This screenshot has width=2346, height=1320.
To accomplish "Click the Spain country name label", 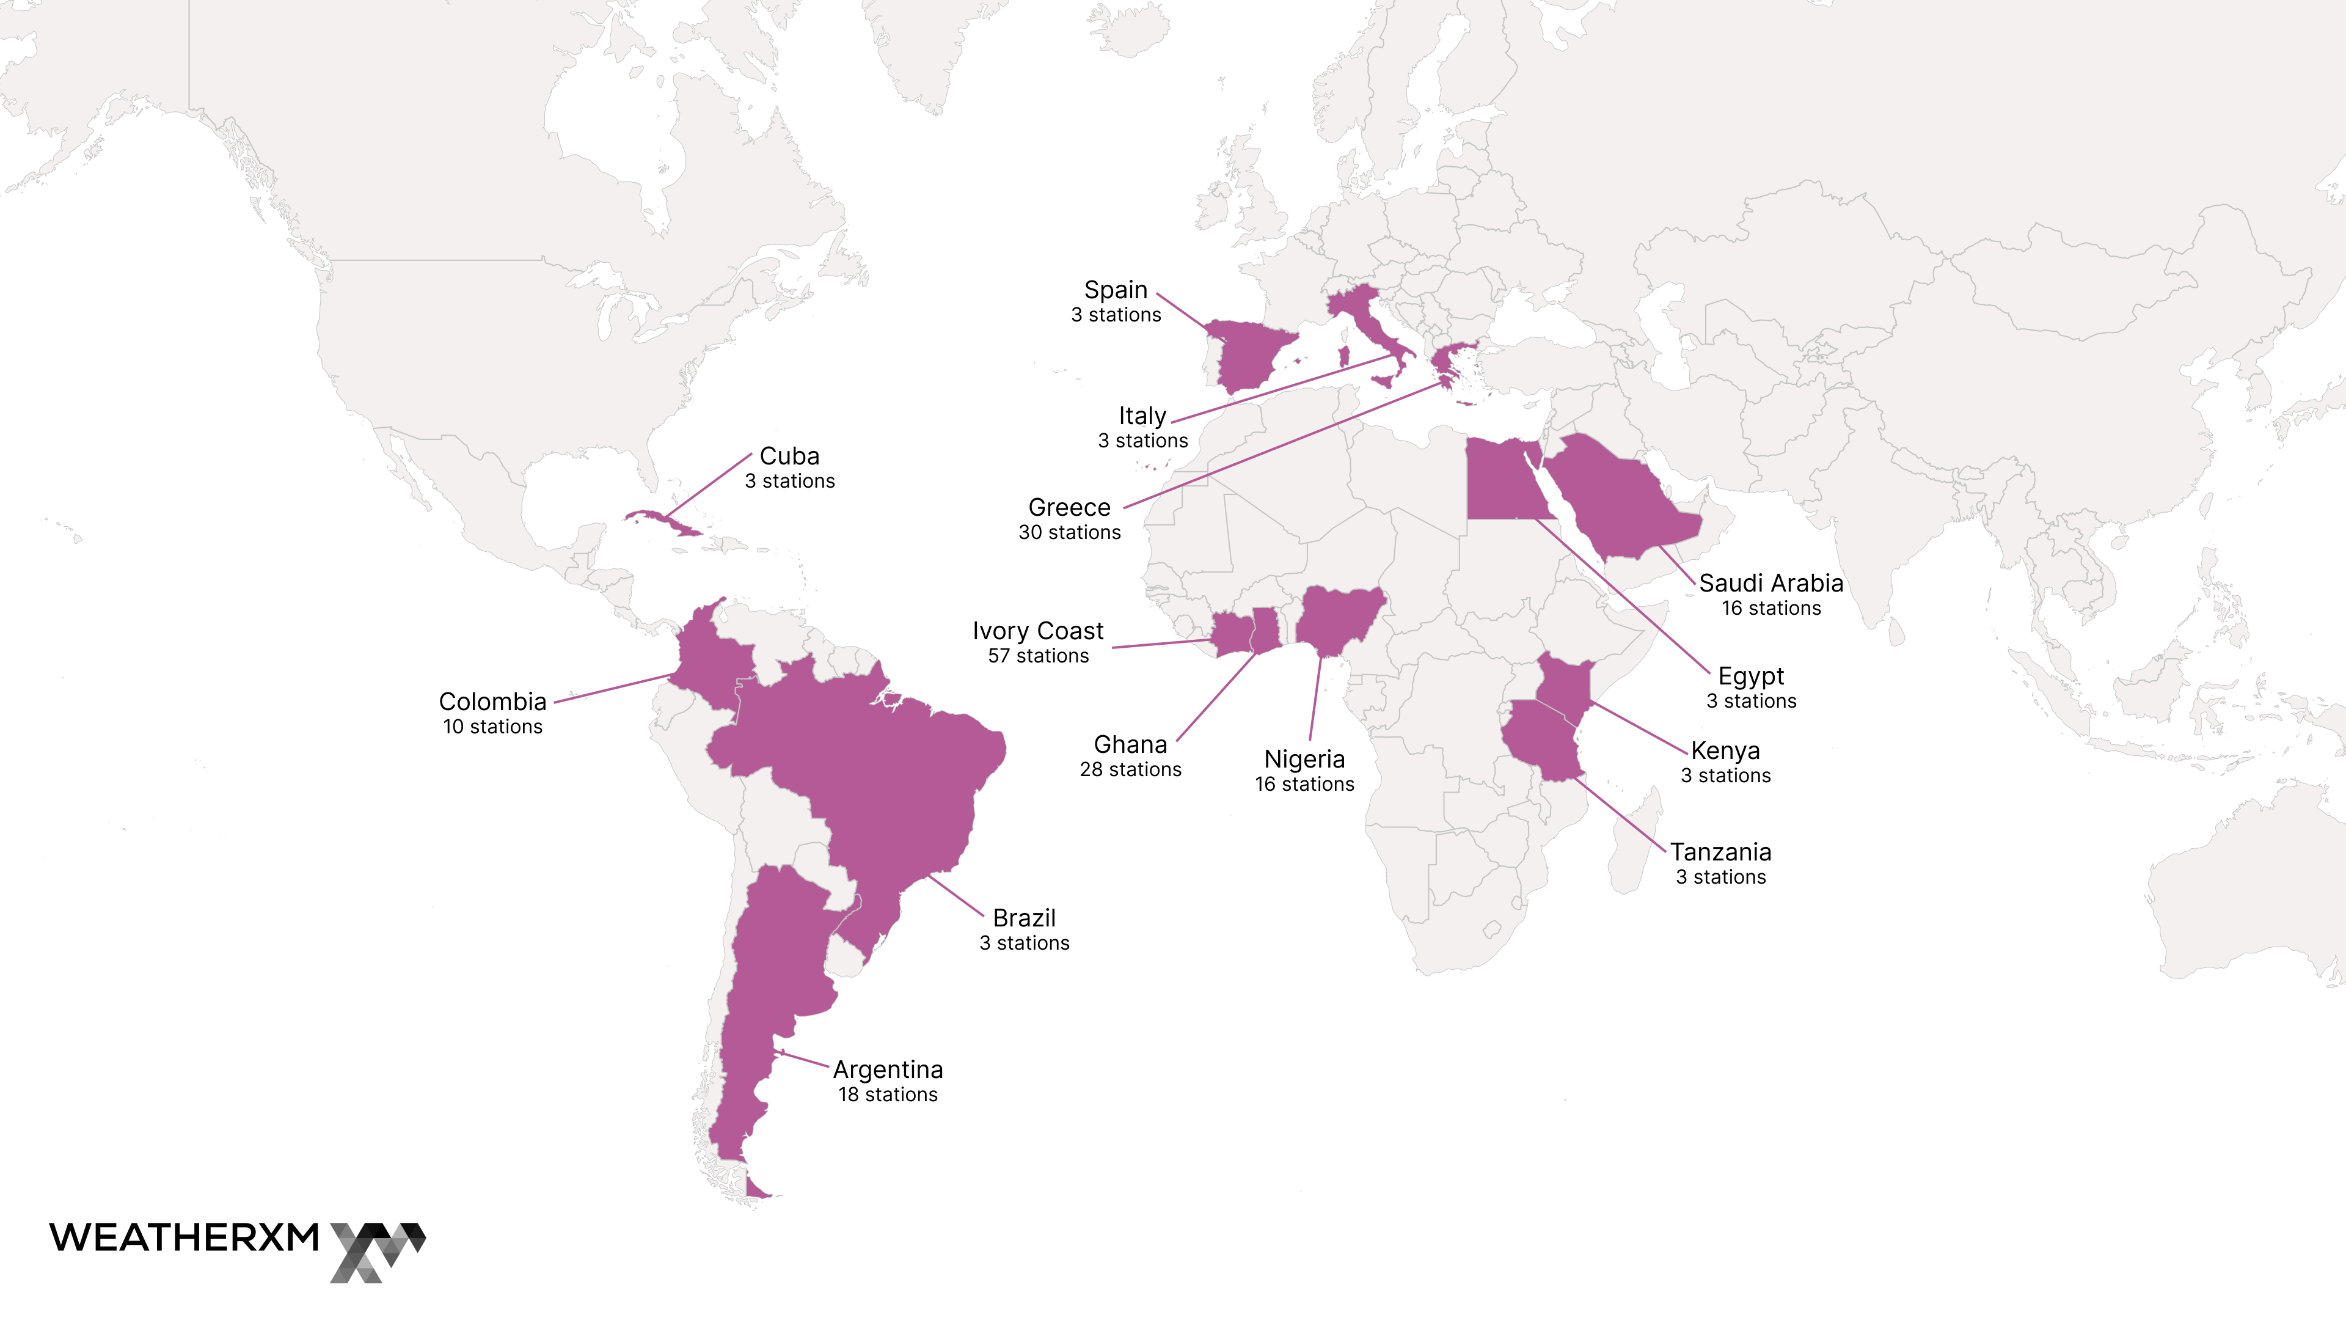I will tap(1115, 290).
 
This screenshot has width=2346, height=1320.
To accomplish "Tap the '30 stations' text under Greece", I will tap(1069, 533).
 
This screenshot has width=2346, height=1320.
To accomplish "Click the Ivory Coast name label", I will tap(1037, 631).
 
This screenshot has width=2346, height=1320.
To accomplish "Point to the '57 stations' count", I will tap(1038, 656).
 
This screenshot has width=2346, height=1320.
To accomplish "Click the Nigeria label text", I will tap(1304, 759).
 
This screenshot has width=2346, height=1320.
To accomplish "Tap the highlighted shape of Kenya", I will tap(1564, 687).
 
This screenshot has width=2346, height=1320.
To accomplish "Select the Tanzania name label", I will tap(1720, 852).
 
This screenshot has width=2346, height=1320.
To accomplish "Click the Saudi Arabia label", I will tap(1770, 583).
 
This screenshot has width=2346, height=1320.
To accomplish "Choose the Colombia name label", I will tap(492, 702).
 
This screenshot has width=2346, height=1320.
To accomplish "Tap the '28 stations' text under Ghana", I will tap(1130, 770).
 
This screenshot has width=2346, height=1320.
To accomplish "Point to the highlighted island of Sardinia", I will tap(1343, 356).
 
